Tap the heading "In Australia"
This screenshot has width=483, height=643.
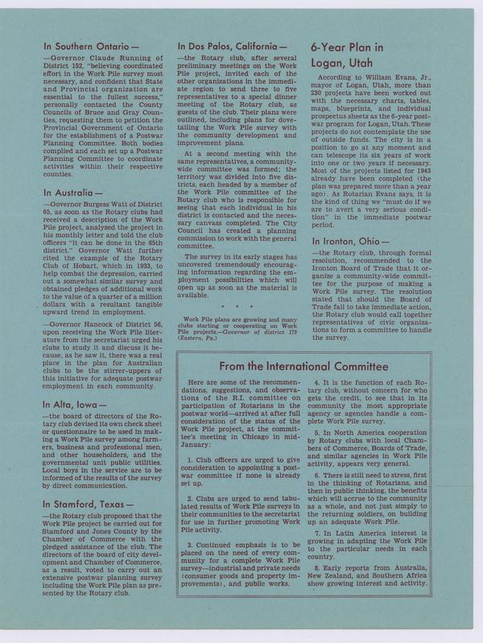click(72, 193)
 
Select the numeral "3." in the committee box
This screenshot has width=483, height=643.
click(188, 546)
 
